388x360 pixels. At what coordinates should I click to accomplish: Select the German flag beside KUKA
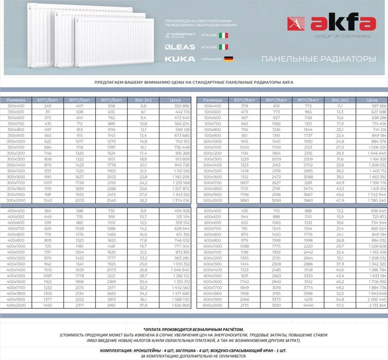coord(228,59)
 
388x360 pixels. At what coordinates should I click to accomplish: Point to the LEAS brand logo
coord(180,47)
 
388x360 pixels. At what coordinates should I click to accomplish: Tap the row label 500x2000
coord(213,200)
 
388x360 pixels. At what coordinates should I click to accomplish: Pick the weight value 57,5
coord(340,305)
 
